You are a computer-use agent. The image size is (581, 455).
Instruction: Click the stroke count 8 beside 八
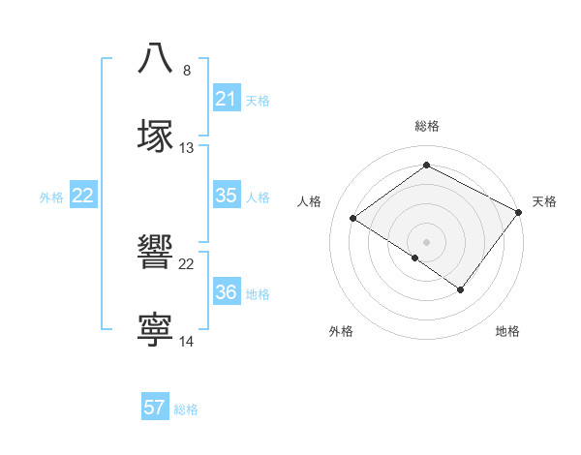[187, 71]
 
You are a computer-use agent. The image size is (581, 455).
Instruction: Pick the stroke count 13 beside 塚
[187, 148]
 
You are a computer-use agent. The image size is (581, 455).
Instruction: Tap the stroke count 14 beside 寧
[187, 343]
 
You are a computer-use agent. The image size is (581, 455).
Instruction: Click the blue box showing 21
[226, 99]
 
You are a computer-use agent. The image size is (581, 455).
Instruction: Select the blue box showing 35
[226, 196]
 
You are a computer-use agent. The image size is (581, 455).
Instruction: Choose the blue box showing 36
[226, 292]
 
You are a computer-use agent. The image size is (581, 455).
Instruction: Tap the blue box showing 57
[154, 408]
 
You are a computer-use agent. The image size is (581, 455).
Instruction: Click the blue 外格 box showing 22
[83, 196]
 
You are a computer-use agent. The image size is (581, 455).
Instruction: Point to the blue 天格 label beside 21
[258, 100]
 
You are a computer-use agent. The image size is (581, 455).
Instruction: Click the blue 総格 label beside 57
[186, 409]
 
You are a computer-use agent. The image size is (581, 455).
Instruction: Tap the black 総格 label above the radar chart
[427, 126]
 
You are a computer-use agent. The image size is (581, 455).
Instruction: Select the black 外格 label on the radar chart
[341, 331]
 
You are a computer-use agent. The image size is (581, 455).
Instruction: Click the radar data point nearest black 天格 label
[519, 213]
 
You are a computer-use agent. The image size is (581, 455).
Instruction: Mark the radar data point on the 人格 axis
[354, 219]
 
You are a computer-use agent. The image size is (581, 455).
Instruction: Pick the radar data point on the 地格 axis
[461, 289]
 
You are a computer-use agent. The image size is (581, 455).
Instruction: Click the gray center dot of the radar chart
[427, 241]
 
